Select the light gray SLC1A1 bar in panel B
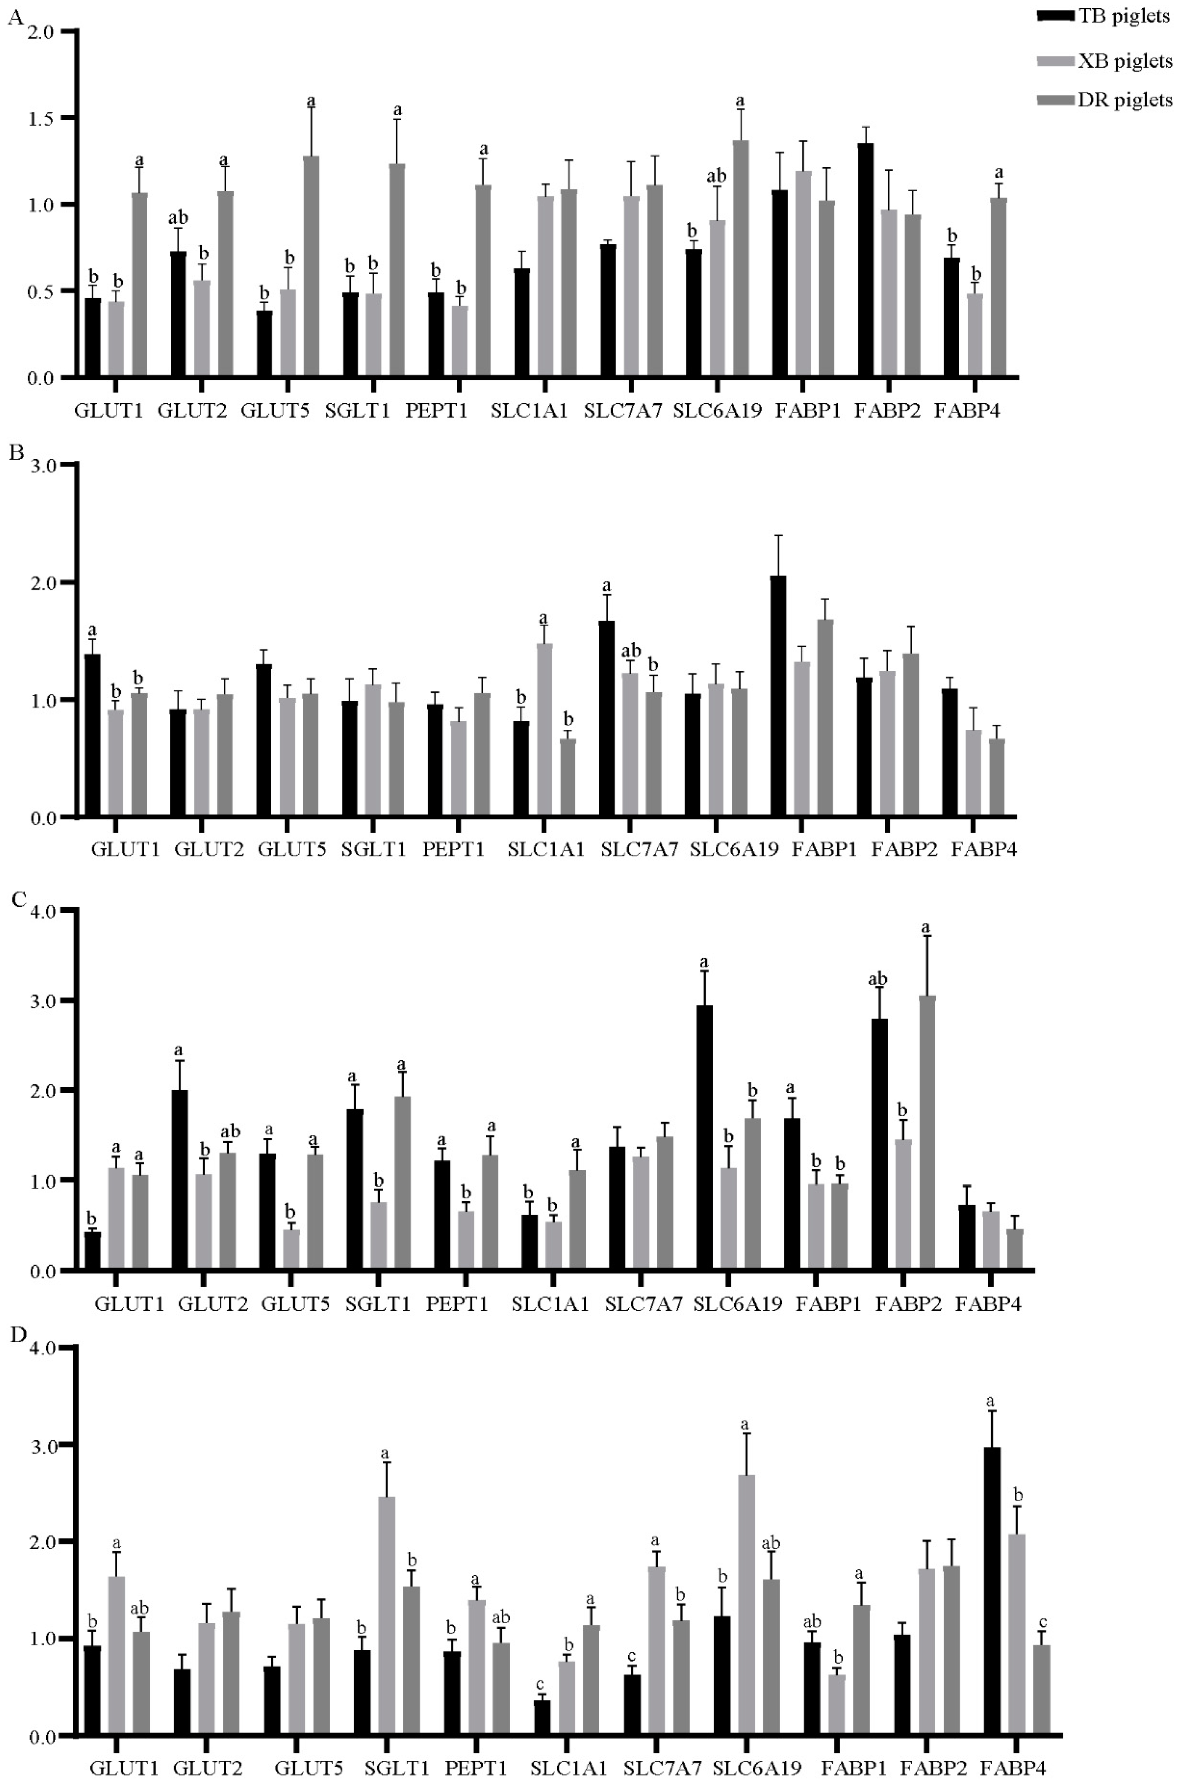[544, 730]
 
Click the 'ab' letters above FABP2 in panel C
[877, 979]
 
